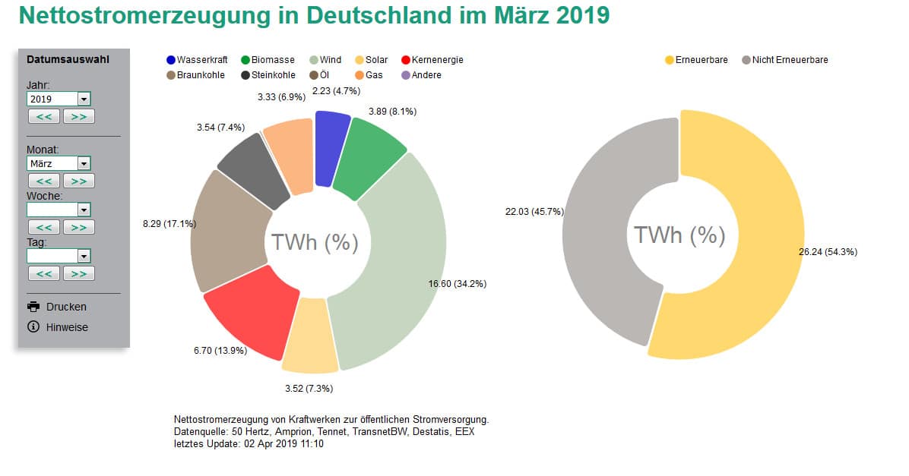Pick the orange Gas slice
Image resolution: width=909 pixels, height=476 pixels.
(290, 156)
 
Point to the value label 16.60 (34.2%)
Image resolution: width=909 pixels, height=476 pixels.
(458, 284)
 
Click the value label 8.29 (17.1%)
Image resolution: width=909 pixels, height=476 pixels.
(169, 224)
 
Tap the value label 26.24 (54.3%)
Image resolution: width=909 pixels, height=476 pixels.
(828, 251)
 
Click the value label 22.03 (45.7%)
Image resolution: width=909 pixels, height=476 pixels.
(535, 211)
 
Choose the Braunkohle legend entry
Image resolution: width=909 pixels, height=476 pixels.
(195, 75)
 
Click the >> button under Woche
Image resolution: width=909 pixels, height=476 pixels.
(78, 227)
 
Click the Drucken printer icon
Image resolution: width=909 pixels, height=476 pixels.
(33, 307)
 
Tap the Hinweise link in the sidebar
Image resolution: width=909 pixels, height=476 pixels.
(67, 327)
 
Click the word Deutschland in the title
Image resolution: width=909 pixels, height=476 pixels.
(372, 15)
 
